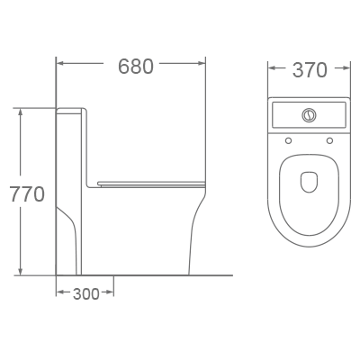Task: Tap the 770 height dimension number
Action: [26, 193]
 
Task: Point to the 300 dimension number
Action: [86, 293]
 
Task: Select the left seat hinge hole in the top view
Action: [288, 140]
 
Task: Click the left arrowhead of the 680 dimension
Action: [60, 64]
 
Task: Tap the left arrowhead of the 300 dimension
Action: [60, 292]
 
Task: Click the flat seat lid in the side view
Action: [148, 184]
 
